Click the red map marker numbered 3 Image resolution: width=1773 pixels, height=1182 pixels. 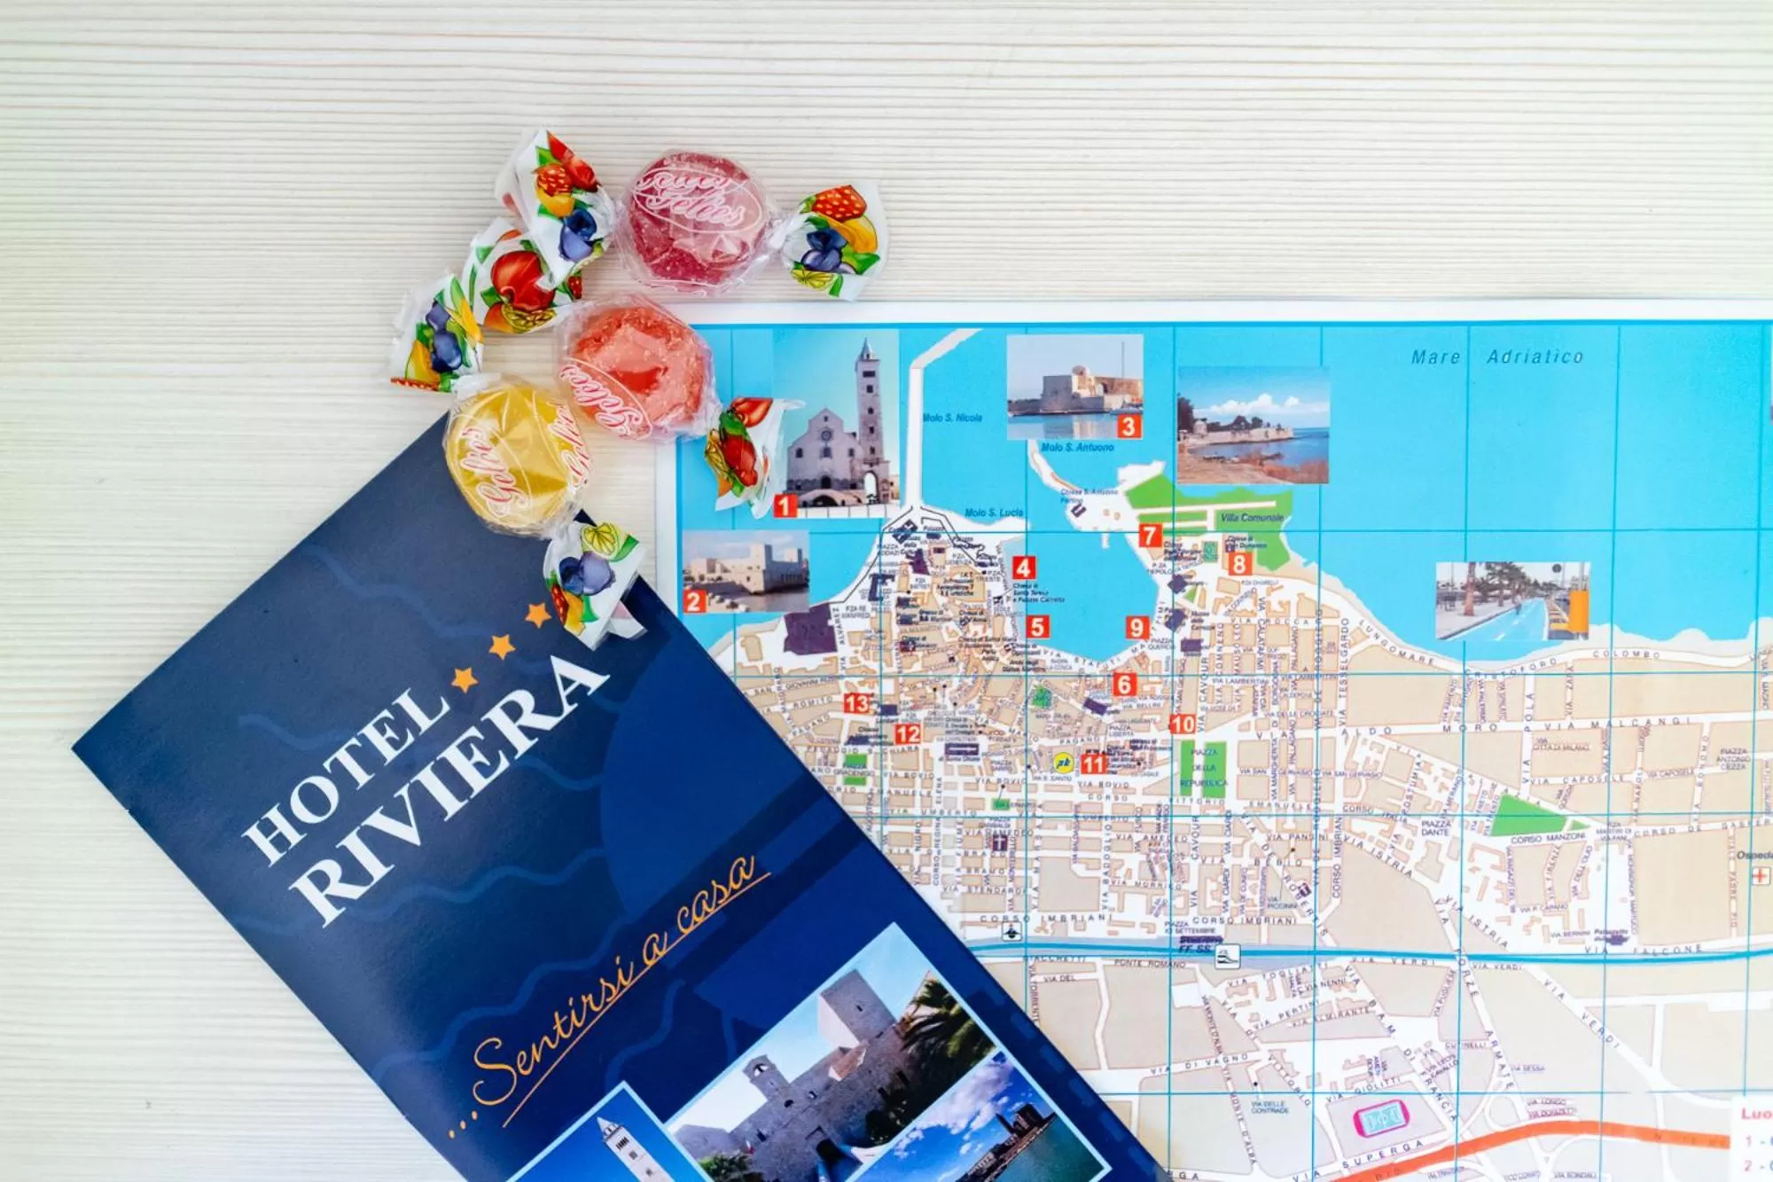tap(1128, 427)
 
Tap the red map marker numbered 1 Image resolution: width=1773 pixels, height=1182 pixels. tap(785, 505)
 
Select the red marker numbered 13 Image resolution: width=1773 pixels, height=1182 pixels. tap(856, 703)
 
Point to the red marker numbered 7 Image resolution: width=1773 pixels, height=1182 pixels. tap(1150, 535)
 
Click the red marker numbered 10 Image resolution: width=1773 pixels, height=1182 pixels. tap(1182, 724)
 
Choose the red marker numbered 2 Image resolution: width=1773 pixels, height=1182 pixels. tap(694, 601)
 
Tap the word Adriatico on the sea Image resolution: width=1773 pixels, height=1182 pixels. tap(1535, 356)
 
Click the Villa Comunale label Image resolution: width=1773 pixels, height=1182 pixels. tap(1251, 517)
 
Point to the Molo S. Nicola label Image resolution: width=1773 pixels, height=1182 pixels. tap(952, 418)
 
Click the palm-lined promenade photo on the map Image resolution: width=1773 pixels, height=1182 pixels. tap(1511, 600)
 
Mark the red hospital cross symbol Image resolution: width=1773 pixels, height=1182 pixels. tap(1759, 876)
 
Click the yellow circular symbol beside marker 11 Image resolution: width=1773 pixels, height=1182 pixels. tap(1062, 762)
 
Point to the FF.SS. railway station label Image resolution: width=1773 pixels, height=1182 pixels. tap(1194, 948)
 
